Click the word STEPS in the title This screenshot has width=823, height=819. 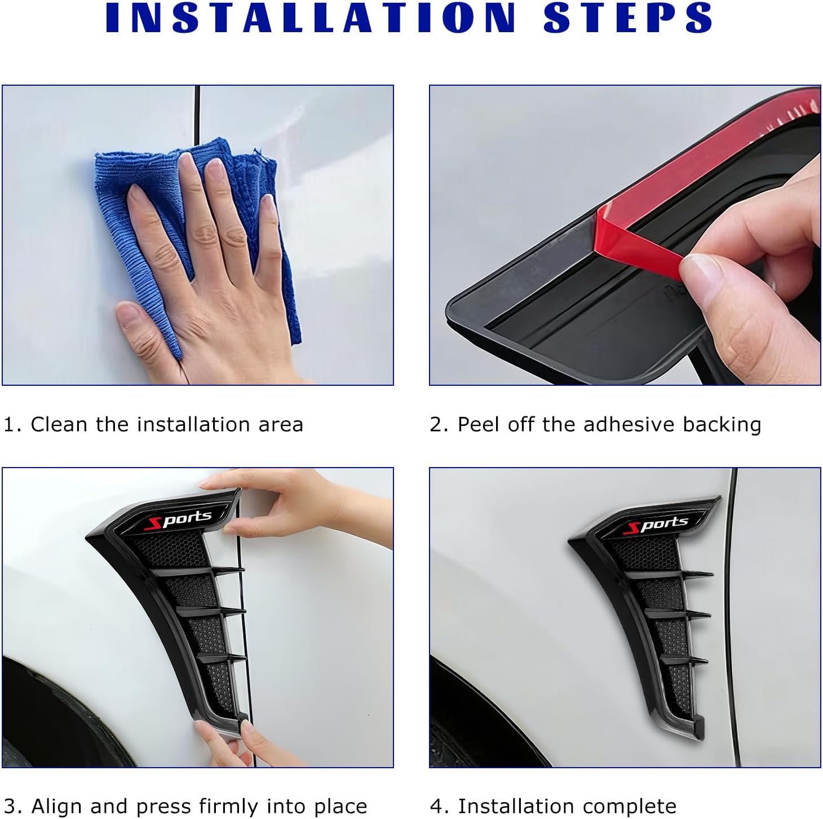point(628,17)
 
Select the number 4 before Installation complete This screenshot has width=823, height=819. point(436,806)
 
